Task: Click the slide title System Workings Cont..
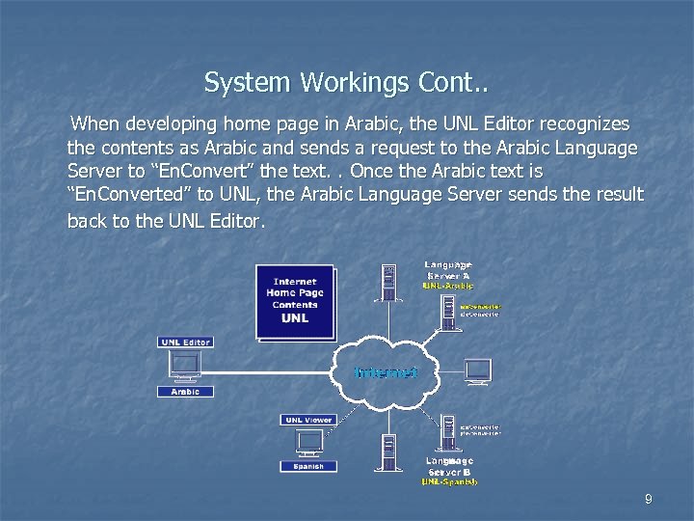[346, 83]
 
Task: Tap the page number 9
[648, 499]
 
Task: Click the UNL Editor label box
[185, 343]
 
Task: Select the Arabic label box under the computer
[185, 392]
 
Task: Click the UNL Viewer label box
[308, 420]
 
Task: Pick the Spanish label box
[308, 466]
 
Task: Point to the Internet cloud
[386, 371]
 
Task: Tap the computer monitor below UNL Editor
[184, 366]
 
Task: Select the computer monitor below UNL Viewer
[308, 442]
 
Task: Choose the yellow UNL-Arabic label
[447, 286]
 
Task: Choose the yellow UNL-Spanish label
[448, 481]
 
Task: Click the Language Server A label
[448, 270]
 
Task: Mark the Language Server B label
[449, 466]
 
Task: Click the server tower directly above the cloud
[388, 283]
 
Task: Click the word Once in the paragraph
[377, 171]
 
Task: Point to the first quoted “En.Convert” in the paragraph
[202, 171]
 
